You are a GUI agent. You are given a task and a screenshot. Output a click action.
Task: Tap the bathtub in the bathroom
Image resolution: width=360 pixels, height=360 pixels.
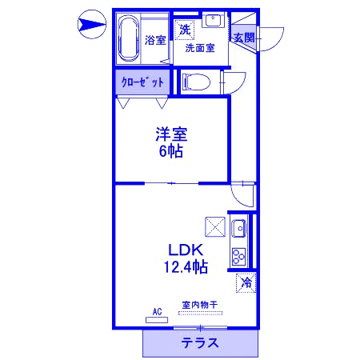tap(128, 39)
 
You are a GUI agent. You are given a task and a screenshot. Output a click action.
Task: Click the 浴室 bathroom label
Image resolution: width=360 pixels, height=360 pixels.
tap(155, 40)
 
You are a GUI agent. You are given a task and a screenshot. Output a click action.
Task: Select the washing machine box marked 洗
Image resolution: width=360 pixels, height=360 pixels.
tap(185, 30)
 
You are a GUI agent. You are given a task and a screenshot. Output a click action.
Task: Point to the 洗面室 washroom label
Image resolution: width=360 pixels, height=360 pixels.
tap(199, 48)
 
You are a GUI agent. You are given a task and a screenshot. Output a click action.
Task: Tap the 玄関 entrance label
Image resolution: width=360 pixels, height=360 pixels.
tap(243, 38)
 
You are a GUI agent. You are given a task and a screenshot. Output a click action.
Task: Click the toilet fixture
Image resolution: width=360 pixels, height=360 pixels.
tap(196, 81)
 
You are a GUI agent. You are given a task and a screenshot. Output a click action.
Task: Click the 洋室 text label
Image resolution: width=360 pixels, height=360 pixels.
tap(171, 133)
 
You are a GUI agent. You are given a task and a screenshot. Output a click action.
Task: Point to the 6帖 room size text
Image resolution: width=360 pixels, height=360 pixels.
tap(171, 150)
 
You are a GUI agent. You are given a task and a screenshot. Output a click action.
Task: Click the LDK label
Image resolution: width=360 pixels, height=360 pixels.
tap(184, 249)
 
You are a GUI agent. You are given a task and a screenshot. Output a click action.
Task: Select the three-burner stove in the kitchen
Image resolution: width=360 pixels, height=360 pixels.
tap(238, 255)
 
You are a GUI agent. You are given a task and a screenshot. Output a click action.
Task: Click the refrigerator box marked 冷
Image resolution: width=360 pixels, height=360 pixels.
tap(246, 282)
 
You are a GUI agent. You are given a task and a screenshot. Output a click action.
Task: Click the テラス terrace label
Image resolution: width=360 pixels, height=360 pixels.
tap(199, 344)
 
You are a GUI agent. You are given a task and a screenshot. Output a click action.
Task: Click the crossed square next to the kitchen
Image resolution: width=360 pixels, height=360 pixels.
tap(214, 227)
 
